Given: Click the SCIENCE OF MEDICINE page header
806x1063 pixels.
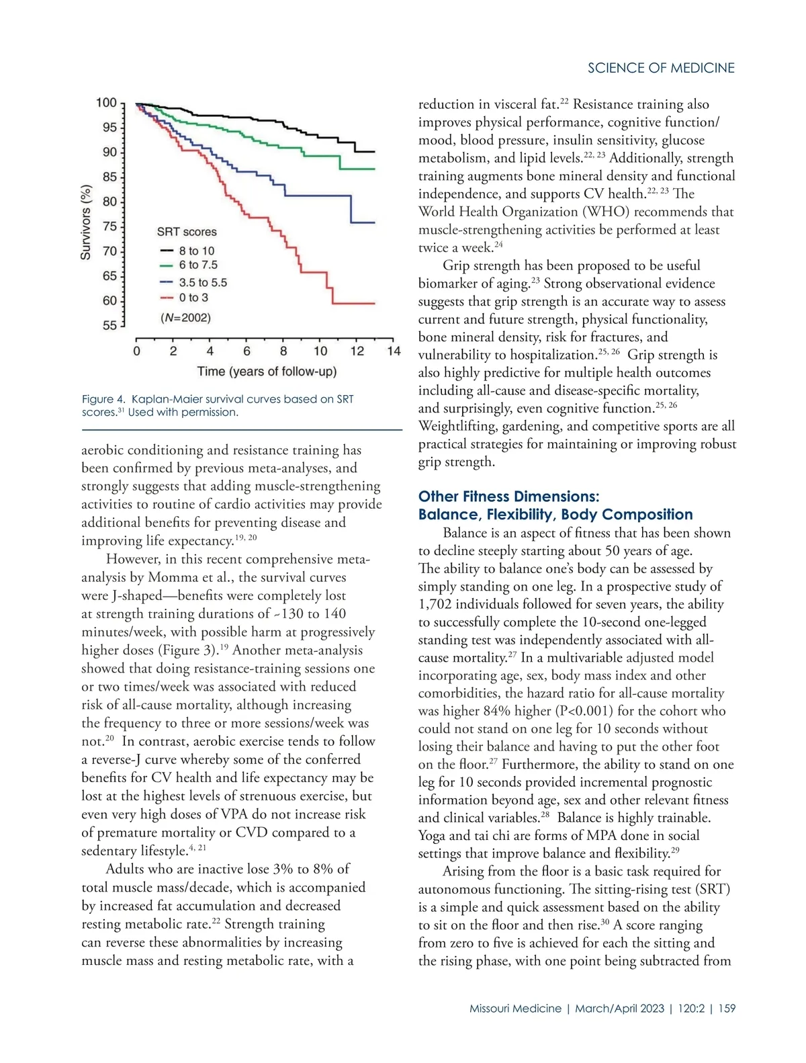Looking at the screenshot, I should point(661,68).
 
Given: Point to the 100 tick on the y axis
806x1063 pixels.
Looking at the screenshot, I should point(107,103).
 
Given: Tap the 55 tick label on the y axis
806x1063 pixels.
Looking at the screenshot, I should point(109,325).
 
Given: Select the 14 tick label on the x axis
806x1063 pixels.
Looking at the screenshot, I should point(394,351).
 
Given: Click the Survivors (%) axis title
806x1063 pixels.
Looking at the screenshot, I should point(86,222).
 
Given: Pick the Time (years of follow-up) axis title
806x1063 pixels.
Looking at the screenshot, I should point(267,371).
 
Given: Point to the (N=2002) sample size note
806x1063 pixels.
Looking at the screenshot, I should point(185,317).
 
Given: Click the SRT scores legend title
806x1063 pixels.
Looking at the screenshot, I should point(187,232).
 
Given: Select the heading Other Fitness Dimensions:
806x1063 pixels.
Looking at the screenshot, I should point(508,497).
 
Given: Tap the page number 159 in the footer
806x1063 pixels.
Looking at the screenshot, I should point(727,1009).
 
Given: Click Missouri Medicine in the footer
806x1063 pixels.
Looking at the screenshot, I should point(515,1009).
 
